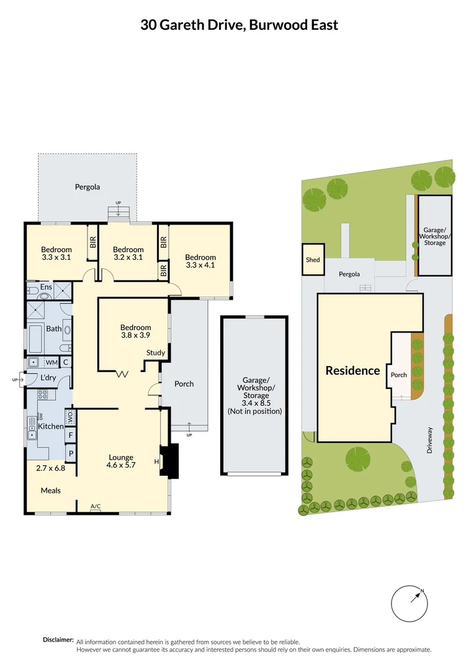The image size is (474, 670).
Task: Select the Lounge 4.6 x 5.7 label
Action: pyautogui.click(x=121, y=462)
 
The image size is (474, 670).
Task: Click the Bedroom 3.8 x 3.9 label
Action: pyautogui.click(x=135, y=332)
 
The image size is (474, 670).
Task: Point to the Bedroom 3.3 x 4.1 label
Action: pyautogui.click(x=200, y=261)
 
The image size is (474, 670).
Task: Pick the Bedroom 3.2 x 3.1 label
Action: pyautogui.click(x=128, y=254)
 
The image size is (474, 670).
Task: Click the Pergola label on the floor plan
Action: pyautogui.click(x=87, y=187)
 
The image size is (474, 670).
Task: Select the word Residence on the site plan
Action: pyautogui.click(x=352, y=371)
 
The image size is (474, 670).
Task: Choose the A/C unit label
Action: pyautogui.click(x=96, y=507)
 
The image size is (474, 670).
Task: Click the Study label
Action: pyautogui.click(x=156, y=353)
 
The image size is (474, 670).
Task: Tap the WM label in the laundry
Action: pyautogui.click(x=52, y=362)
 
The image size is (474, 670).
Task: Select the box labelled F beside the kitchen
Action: pyautogui.click(x=71, y=435)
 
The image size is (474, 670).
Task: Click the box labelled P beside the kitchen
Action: pyautogui.click(x=71, y=453)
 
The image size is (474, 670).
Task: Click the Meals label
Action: pyautogui.click(x=51, y=491)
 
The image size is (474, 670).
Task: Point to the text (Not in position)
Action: pyautogui.click(x=254, y=411)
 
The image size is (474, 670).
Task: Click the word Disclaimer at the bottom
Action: pyautogui.click(x=58, y=640)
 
